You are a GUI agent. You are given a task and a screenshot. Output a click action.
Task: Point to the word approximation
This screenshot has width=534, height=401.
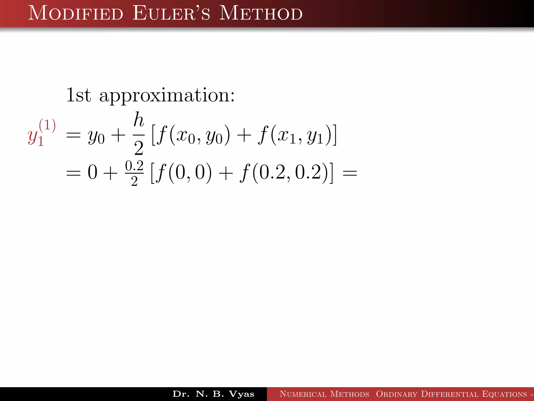pyautogui.click(x=167, y=96)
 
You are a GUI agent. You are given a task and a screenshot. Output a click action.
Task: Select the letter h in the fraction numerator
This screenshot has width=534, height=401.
pyautogui.click(x=139, y=120)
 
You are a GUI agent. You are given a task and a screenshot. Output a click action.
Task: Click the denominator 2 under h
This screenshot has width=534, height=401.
pyautogui.click(x=139, y=148)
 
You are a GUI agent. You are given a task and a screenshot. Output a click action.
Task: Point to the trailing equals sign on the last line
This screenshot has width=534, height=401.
pyautogui.click(x=350, y=173)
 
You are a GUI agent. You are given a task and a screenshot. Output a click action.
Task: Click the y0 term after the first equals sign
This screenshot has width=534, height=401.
pyautogui.click(x=96, y=137)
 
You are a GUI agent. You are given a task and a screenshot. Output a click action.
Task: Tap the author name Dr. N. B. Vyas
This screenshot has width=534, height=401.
pyautogui.click(x=213, y=394)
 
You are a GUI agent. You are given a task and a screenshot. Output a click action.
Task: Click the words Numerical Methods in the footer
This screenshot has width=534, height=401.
pyautogui.click(x=324, y=394)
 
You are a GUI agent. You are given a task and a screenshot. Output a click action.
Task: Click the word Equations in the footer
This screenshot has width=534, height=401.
pyautogui.click(x=505, y=394)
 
